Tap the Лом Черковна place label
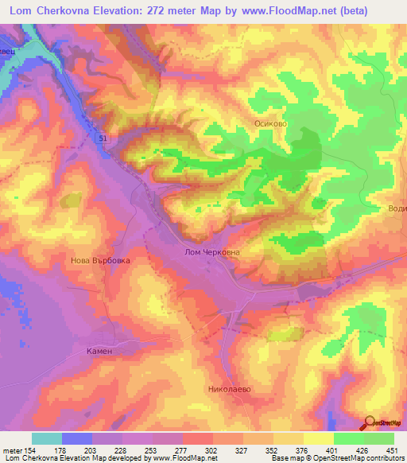(x=207, y=251)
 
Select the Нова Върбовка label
(x=100, y=260)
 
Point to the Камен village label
(x=101, y=351)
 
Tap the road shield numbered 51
(x=104, y=139)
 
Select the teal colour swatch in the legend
(x=47, y=438)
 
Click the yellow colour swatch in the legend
(x=319, y=438)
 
